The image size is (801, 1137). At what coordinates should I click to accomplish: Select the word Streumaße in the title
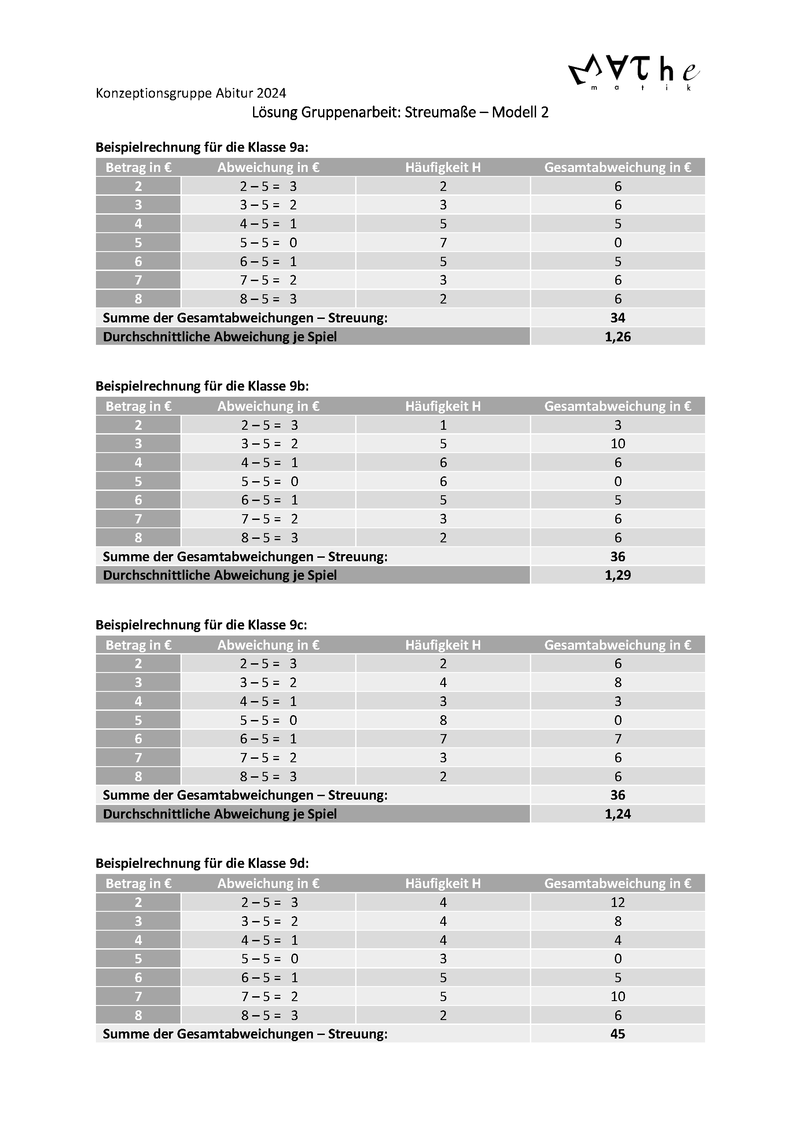[438, 113]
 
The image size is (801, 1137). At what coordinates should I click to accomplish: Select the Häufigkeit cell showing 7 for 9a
[443, 243]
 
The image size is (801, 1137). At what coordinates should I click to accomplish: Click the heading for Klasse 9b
[202, 386]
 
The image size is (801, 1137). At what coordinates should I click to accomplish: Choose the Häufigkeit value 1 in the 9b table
[443, 425]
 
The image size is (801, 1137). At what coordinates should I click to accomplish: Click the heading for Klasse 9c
[201, 625]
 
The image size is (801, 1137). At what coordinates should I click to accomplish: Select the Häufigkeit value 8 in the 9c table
[443, 720]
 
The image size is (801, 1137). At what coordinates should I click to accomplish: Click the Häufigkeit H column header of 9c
[443, 645]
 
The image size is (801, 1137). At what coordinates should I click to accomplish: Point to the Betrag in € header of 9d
[138, 884]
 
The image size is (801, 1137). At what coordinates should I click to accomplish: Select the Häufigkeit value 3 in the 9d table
[443, 959]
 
